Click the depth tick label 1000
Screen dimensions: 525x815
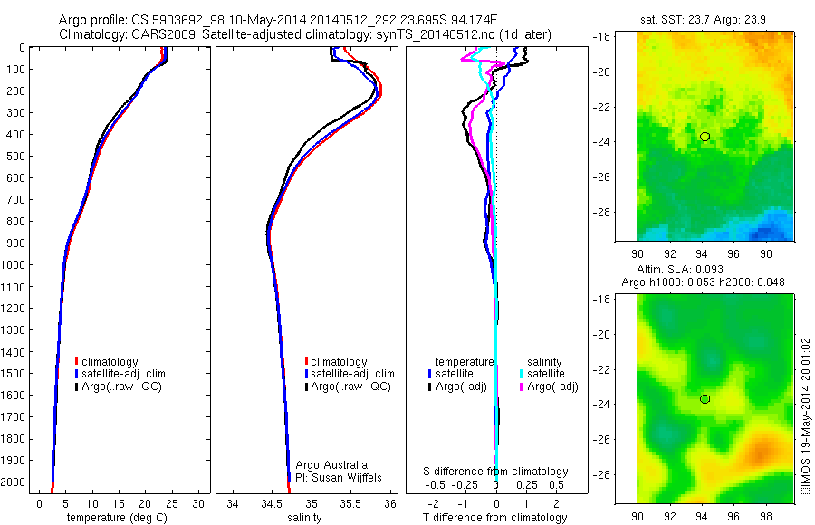16,265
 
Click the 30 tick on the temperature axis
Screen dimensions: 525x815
198,502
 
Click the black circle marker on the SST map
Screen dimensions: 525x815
705,136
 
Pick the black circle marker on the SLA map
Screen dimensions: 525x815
705,398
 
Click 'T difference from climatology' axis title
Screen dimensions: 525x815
494,518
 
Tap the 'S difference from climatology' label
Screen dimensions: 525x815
495,472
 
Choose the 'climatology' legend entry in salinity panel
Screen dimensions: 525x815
339,362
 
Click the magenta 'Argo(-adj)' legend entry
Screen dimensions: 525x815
553,387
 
